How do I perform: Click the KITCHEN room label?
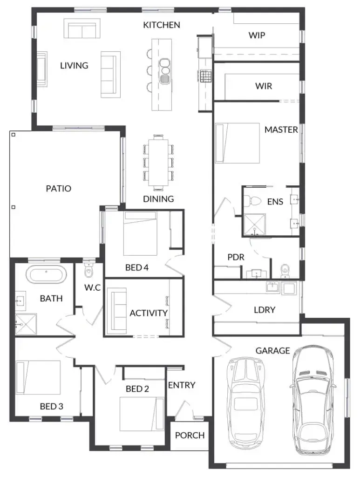point(162,25)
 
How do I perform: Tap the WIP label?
point(257,35)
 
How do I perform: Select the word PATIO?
point(58,189)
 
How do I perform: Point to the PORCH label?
point(190,436)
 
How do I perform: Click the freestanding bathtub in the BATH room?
point(46,275)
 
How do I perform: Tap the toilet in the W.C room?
point(88,270)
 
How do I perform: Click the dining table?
point(158,163)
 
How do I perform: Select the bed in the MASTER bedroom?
point(238,143)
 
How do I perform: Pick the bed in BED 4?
point(140,234)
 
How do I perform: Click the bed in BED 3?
point(38,377)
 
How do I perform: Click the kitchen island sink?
point(165,70)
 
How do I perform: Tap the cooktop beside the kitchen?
point(205,76)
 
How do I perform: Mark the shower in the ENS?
point(255,225)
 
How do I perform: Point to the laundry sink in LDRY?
point(273,287)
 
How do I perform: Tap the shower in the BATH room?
point(26,324)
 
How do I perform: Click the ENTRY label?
point(182,385)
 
